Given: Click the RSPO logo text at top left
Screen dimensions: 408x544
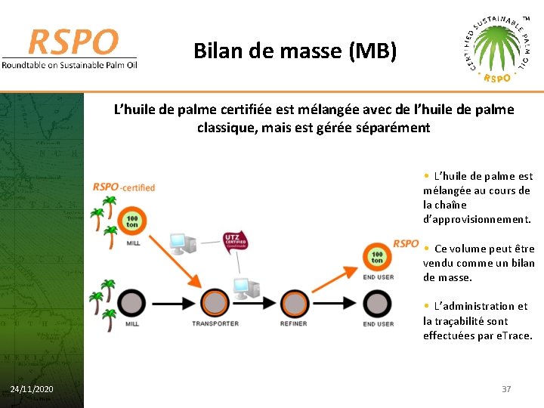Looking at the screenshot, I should pyautogui.click(x=73, y=42).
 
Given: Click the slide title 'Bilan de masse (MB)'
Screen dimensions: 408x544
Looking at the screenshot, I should pyautogui.click(x=295, y=51).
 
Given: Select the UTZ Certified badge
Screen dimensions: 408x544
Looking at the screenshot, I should pyautogui.click(x=234, y=243).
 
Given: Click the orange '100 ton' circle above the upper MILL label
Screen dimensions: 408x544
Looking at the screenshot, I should pyautogui.click(x=132, y=221).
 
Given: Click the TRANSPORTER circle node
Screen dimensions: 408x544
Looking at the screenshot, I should pyautogui.click(x=215, y=304).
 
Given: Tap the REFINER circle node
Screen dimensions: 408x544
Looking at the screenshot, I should pyautogui.click(x=293, y=304).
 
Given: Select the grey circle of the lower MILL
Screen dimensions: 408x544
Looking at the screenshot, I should pyautogui.click(x=132, y=304).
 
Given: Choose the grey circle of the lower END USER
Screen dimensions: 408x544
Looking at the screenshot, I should pyautogui.click(x=377, y=304).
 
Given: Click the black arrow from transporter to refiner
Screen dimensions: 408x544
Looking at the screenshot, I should pyautogui.click(x=255, y=304).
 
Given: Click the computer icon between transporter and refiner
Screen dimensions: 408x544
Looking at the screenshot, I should pyautogui.click(x=246, y=287).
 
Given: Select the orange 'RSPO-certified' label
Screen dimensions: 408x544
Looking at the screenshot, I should pyautogui.click(x=124, y=187).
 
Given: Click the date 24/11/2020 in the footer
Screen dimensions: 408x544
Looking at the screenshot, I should pyautogui.click(x=32, y=388).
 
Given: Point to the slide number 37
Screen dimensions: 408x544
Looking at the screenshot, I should pyautogui.click(x=506, y=388).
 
